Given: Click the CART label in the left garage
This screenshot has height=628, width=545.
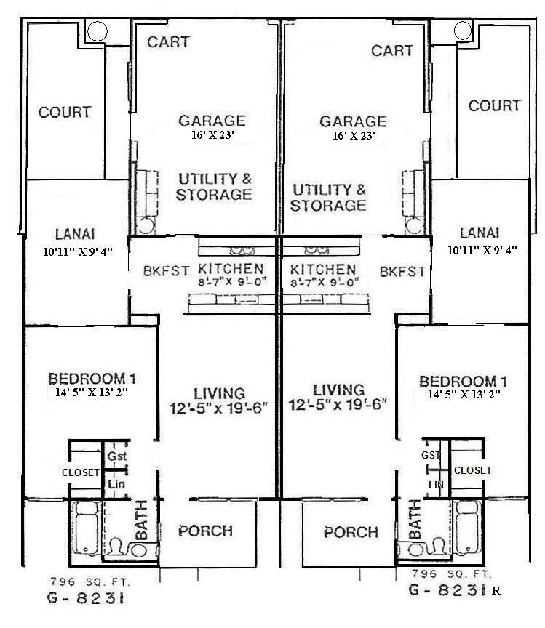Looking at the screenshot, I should click(170, 41).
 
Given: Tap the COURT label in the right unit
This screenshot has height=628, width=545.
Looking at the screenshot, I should click(494, 106).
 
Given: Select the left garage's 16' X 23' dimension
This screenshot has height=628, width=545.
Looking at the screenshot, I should click(212, 135).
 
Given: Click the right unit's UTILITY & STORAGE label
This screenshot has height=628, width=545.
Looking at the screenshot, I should click(328, 197).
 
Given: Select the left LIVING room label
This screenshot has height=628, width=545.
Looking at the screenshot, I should click(219, 392).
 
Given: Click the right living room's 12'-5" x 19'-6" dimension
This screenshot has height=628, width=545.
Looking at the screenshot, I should click(337, 404).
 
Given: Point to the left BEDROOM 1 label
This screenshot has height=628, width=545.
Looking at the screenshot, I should click(92, 379).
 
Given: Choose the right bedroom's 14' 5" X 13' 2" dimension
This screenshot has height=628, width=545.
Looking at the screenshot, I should click(463, 394).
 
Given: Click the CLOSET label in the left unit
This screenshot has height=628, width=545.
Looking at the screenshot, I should click(81, 472).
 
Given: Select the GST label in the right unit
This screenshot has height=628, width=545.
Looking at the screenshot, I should click(431, 455).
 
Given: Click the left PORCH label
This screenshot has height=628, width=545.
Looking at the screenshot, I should click(207, 531).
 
